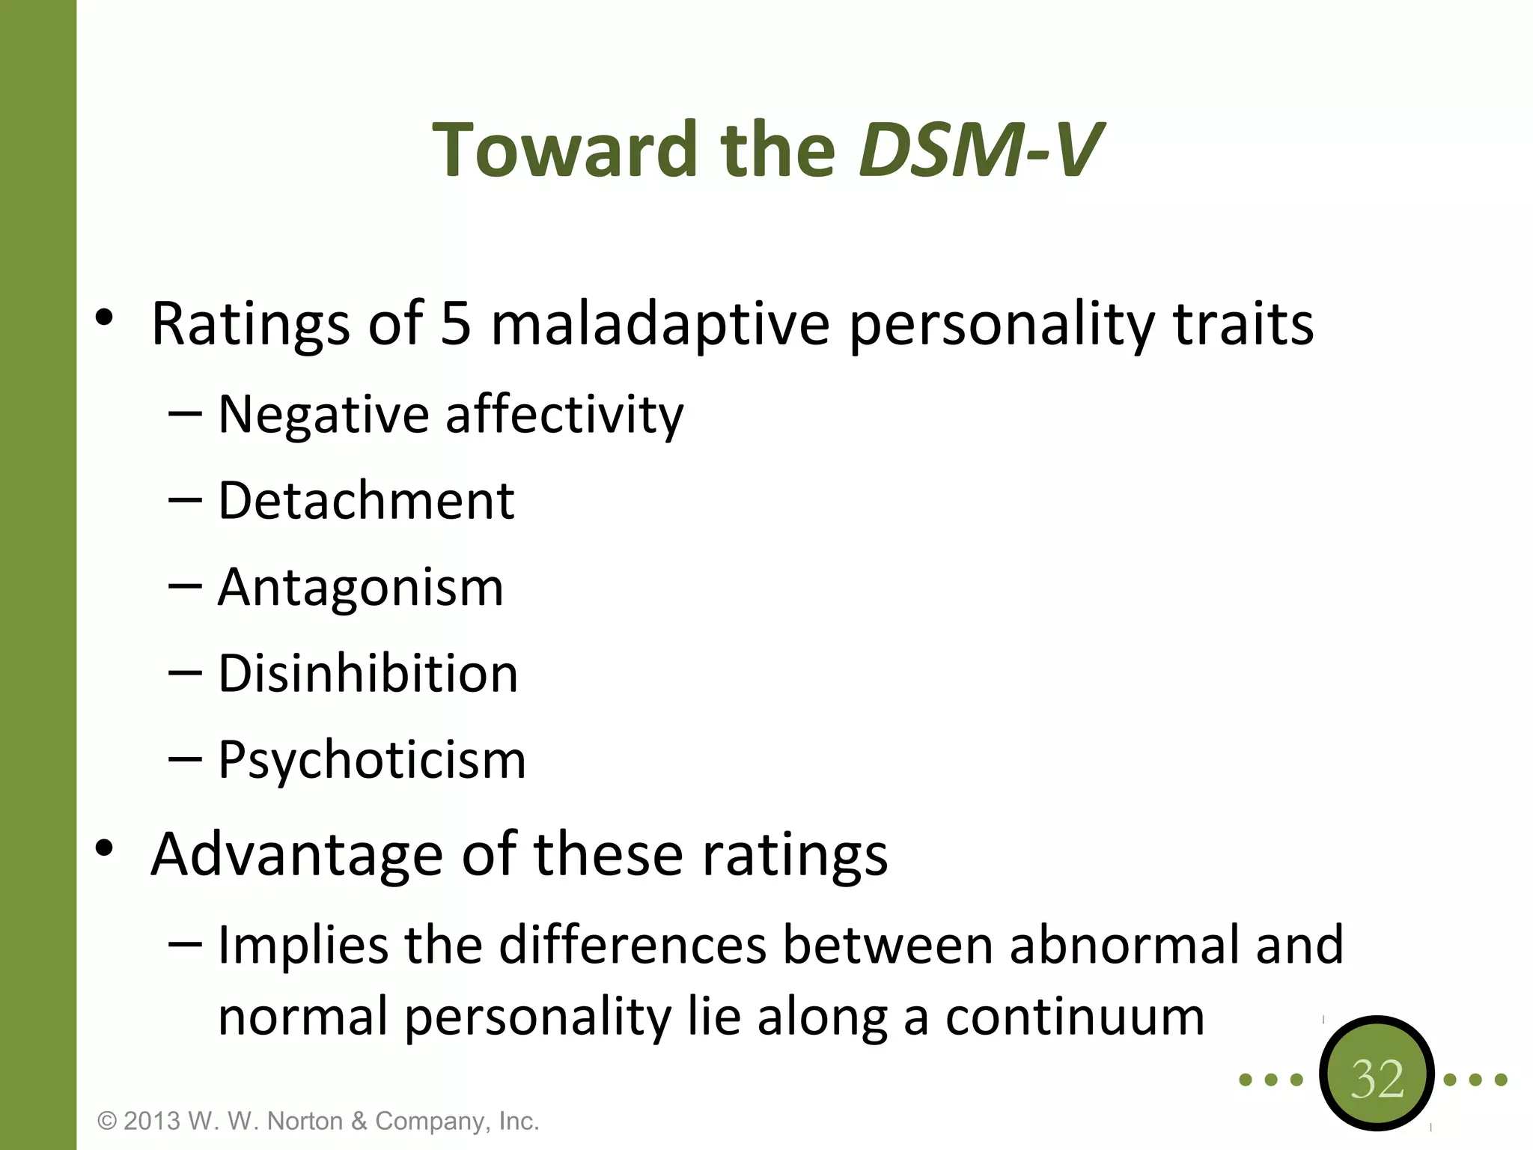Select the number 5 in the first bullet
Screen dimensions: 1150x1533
pyautogui.click(x=456, y=323)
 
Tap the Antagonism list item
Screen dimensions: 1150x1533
pyautogui.click(x=361, y=587)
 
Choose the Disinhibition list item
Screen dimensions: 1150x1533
pyautogui.click(x=368, y=673)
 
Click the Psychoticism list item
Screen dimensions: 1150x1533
pyautogui.click(x=372, y=760)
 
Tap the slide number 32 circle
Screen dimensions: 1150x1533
pyautogui.click(x=1377, y=1078)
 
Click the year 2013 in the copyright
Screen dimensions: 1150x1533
pyautogui.click(x=152, y=1121)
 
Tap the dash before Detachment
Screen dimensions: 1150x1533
pyautogui.click(x=185, y=500)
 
